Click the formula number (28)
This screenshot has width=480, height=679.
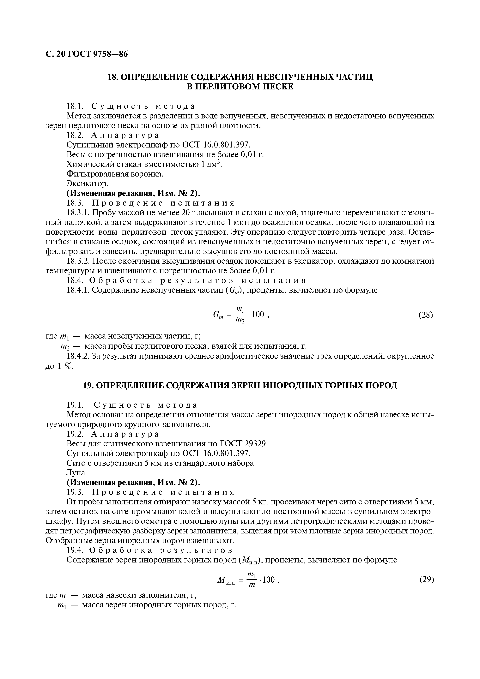(426, 315)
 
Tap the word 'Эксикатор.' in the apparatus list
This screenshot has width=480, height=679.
(88, 184)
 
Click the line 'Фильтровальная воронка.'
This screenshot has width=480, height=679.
(115, 174)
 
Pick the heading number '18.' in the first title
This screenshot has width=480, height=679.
(113, 77)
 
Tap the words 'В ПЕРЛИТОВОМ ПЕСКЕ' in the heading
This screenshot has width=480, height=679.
(240, 87)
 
